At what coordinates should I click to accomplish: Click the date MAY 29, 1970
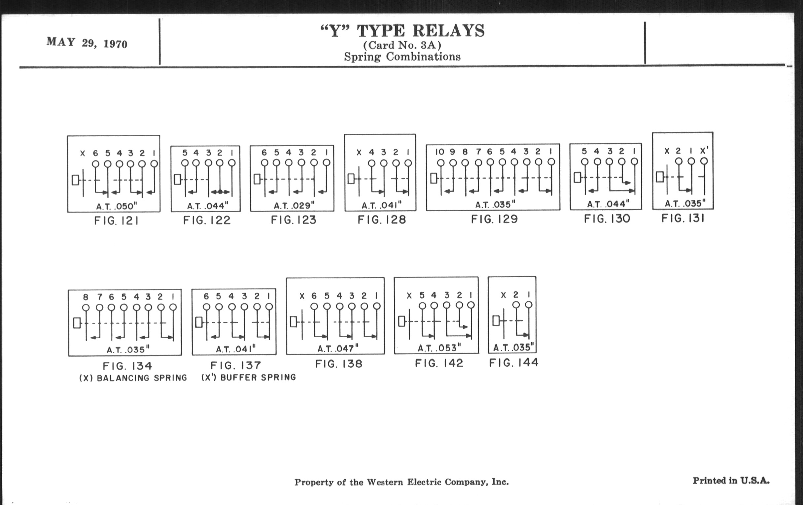point(87,43)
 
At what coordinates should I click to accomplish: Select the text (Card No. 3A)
point(402,45)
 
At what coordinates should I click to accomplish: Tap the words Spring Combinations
point(402,57)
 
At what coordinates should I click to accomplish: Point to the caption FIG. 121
point(116,221)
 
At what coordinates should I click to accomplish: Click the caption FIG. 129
point(494,219)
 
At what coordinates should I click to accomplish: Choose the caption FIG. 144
point(513,362)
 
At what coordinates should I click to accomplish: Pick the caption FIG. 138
point(338,363)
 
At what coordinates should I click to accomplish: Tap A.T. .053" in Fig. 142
point(439,348)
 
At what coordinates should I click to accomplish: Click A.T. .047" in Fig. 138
point(338,349)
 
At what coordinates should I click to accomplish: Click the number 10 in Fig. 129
point(440,152)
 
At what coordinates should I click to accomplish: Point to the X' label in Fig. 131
point(704,151)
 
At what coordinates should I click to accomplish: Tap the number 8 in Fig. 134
point(86,297)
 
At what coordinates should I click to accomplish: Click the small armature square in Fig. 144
point(496,321)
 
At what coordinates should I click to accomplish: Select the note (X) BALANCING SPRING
point(133,378)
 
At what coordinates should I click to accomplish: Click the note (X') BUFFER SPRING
point(248,377)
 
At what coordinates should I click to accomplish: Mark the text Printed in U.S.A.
point(731,481)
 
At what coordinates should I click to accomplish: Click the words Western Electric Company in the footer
point(428,482)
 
